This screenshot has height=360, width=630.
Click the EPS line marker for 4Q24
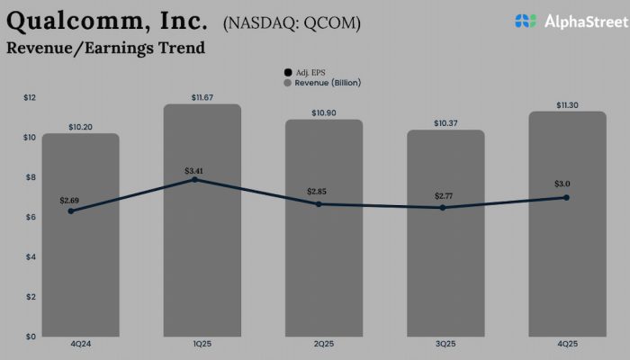pos(71,211)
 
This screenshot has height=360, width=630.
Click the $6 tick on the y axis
pos(31,217)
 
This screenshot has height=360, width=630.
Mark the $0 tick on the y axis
pos(31,337)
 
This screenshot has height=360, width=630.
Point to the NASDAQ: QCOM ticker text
pos(291,22)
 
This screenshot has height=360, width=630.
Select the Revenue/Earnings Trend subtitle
pos(105,48)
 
